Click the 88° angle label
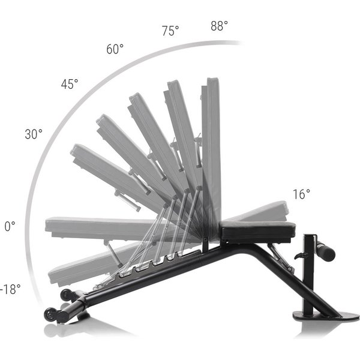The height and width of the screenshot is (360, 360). (219, 26)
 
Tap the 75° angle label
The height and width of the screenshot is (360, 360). (170, 31)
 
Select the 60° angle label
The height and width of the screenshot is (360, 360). (115, 49)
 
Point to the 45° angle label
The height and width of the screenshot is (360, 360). (70, 84)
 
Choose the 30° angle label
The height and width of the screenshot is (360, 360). (34, 134)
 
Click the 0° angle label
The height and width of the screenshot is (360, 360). (10, 226)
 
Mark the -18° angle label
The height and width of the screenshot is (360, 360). (10, 289)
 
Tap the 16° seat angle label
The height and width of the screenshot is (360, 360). (301, 194)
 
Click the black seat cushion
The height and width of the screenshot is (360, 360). (257, 231)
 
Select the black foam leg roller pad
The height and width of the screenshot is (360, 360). (325, 253)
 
